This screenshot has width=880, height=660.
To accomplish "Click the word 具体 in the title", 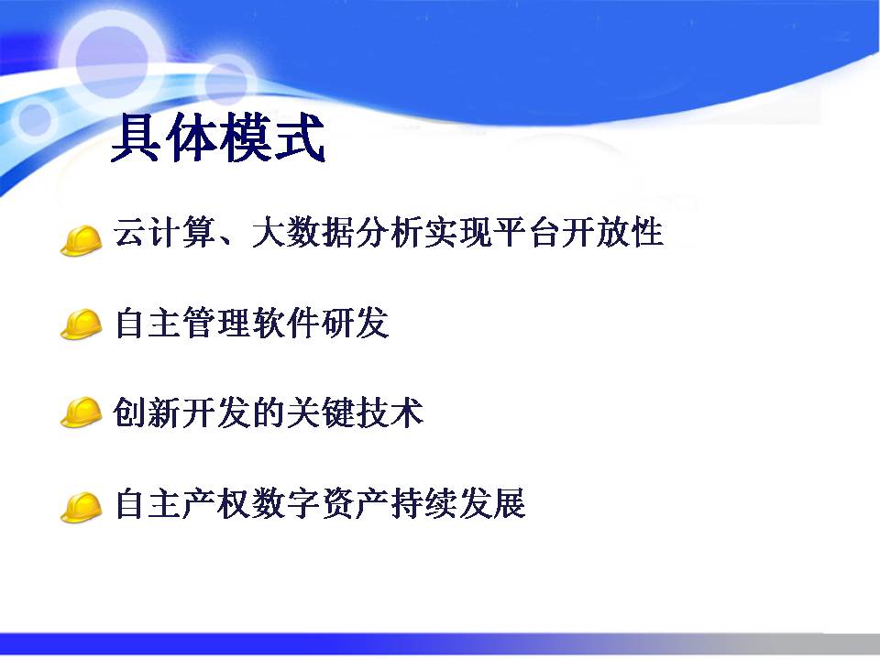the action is pos(164,137).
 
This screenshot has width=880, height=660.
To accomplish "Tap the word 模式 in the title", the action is pos(271,137).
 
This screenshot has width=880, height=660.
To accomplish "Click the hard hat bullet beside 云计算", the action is pos(82,241).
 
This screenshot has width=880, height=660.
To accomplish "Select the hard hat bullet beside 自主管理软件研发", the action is pos(82,324).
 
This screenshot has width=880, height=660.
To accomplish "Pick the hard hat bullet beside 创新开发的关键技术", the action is pos(82,412).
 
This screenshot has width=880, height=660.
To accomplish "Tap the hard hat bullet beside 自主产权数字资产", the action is pos(82,507).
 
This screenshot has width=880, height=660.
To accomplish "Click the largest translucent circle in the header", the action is pos(112,60).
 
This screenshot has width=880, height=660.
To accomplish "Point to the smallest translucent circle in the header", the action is pos(35,119).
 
